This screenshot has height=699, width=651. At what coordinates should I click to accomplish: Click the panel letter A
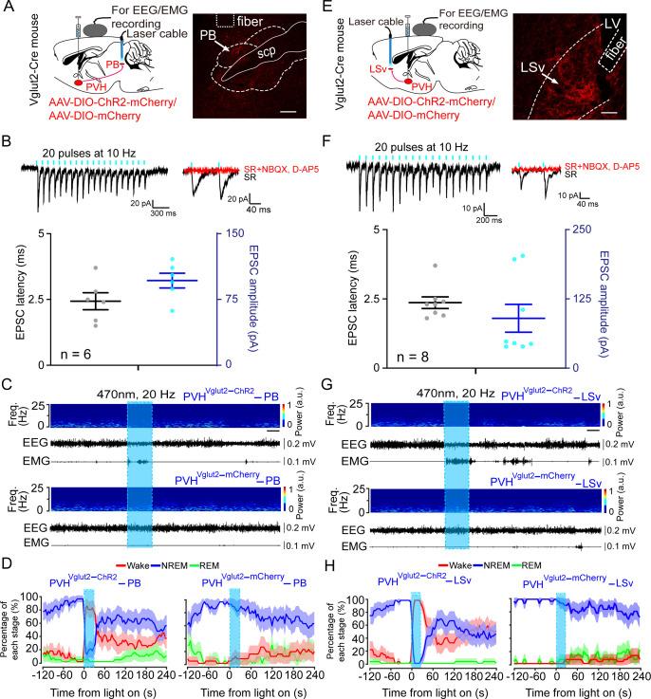click(x=9, y=9)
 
